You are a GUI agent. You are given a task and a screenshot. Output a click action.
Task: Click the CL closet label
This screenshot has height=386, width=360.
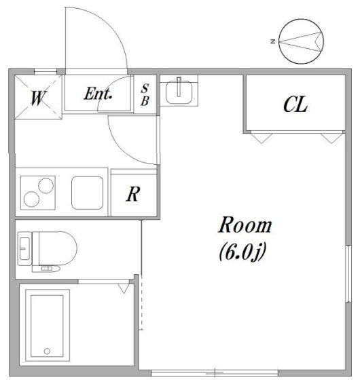click(295, 104)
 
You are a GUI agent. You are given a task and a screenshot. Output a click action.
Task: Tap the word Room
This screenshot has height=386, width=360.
click(245, 225)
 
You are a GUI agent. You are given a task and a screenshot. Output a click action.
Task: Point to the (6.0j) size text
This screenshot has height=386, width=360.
click(243, 252)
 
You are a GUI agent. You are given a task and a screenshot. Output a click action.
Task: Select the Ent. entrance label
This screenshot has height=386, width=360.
click(98, 94)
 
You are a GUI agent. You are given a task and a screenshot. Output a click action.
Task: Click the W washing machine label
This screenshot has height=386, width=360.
click(39, 98)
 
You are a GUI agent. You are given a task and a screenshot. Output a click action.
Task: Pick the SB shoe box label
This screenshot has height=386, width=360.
click(145, 95)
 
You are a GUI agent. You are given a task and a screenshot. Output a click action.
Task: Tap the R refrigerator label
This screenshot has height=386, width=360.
click(133, 194)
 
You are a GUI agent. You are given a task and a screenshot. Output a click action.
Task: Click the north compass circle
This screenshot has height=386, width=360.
click(301, 41)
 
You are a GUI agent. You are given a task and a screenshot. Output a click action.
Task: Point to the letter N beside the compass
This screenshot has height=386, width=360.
click(273, 41)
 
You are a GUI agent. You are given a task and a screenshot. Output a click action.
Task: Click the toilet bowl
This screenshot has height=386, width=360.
click(58, 248)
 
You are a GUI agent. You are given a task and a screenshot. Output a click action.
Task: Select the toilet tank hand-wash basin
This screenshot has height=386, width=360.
click(24, 249)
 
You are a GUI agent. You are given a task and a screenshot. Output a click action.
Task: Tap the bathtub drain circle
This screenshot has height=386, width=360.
click(47, 351)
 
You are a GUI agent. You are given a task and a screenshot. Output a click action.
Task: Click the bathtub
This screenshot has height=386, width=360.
click(48, 325)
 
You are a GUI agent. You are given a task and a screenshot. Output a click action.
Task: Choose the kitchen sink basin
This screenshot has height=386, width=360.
click(87, 193)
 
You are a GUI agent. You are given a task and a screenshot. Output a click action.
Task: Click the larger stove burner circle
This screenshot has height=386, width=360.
click(46, 186)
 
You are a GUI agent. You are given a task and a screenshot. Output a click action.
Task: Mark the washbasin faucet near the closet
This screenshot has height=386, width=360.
click(179, 86)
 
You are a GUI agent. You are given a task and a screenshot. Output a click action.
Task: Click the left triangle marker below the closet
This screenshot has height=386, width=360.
click(262, 138)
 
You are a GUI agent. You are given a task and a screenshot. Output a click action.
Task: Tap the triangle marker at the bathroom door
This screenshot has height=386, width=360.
click(124, 288)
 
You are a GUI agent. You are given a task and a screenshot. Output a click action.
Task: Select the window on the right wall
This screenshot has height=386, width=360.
click(348, 273)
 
